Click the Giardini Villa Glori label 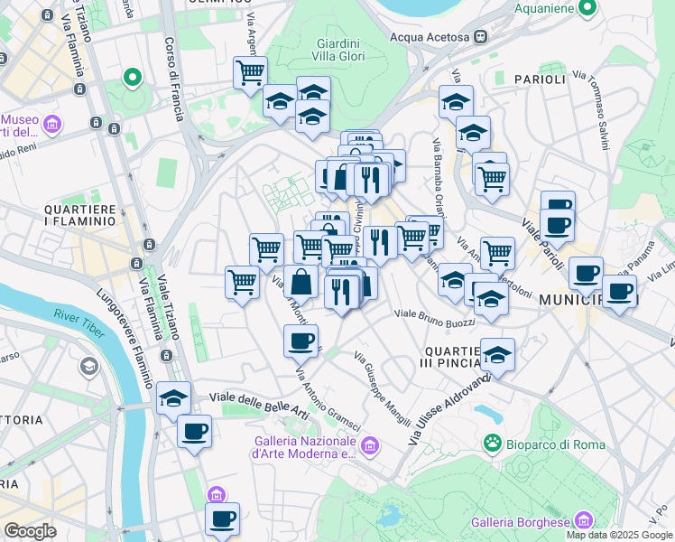click(x=338, y=51)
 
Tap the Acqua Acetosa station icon click(x=482, y=37)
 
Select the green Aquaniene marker click(x=587, y=8)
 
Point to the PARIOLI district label click(x=540, y=79)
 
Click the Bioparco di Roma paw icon click(x=493, y=444)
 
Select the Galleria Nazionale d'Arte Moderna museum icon click(x=368, y=445)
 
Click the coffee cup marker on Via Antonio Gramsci click(x=301, y=341)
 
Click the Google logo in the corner click(x=30, y=531)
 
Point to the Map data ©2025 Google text click(x=619, y=535)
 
